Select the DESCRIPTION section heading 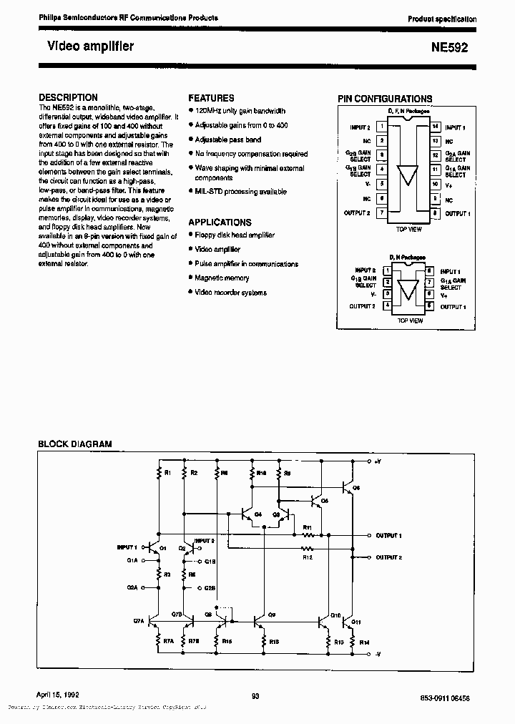tap(68, 97)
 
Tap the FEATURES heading tap(211, 98)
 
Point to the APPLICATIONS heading tap(220, 222)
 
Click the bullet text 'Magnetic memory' tap(222, 278)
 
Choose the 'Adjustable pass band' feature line tap(228, 140)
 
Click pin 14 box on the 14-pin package tap(435, 127)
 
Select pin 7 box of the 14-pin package tap(383, 212)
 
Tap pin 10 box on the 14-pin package tap(435, 184)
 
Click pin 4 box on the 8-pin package tap(388, 305)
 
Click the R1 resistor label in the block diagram tap(167, 474)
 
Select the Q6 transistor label tap(356, 487)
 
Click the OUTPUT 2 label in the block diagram tap(389, 557)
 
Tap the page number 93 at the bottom tap(255, 695)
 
